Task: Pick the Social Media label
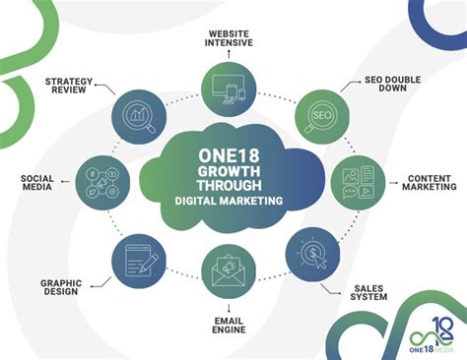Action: [37, 182]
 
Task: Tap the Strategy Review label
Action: [63, 86]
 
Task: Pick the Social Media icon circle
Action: [103, 182]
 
